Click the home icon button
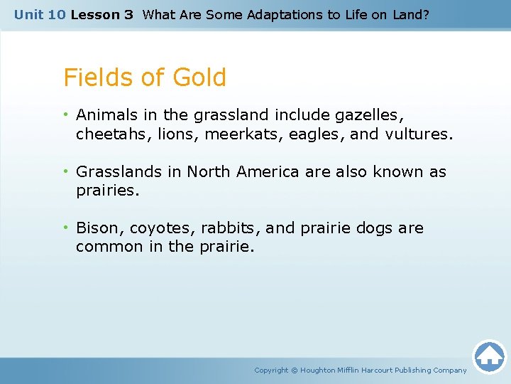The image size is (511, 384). pos(489,356)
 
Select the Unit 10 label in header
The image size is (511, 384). pos(40,15)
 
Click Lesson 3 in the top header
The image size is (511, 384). pos(101,15)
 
